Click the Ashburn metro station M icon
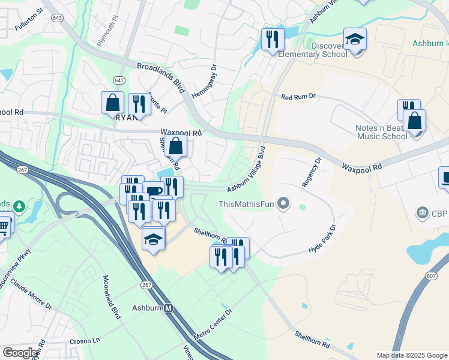[169, 308]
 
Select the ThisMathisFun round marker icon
[285, 205]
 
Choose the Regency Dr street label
[312, 172]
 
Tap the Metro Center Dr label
[212, 324]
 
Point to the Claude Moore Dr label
[31, 292]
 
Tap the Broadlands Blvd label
[160, 77]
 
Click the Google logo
[20, 353]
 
